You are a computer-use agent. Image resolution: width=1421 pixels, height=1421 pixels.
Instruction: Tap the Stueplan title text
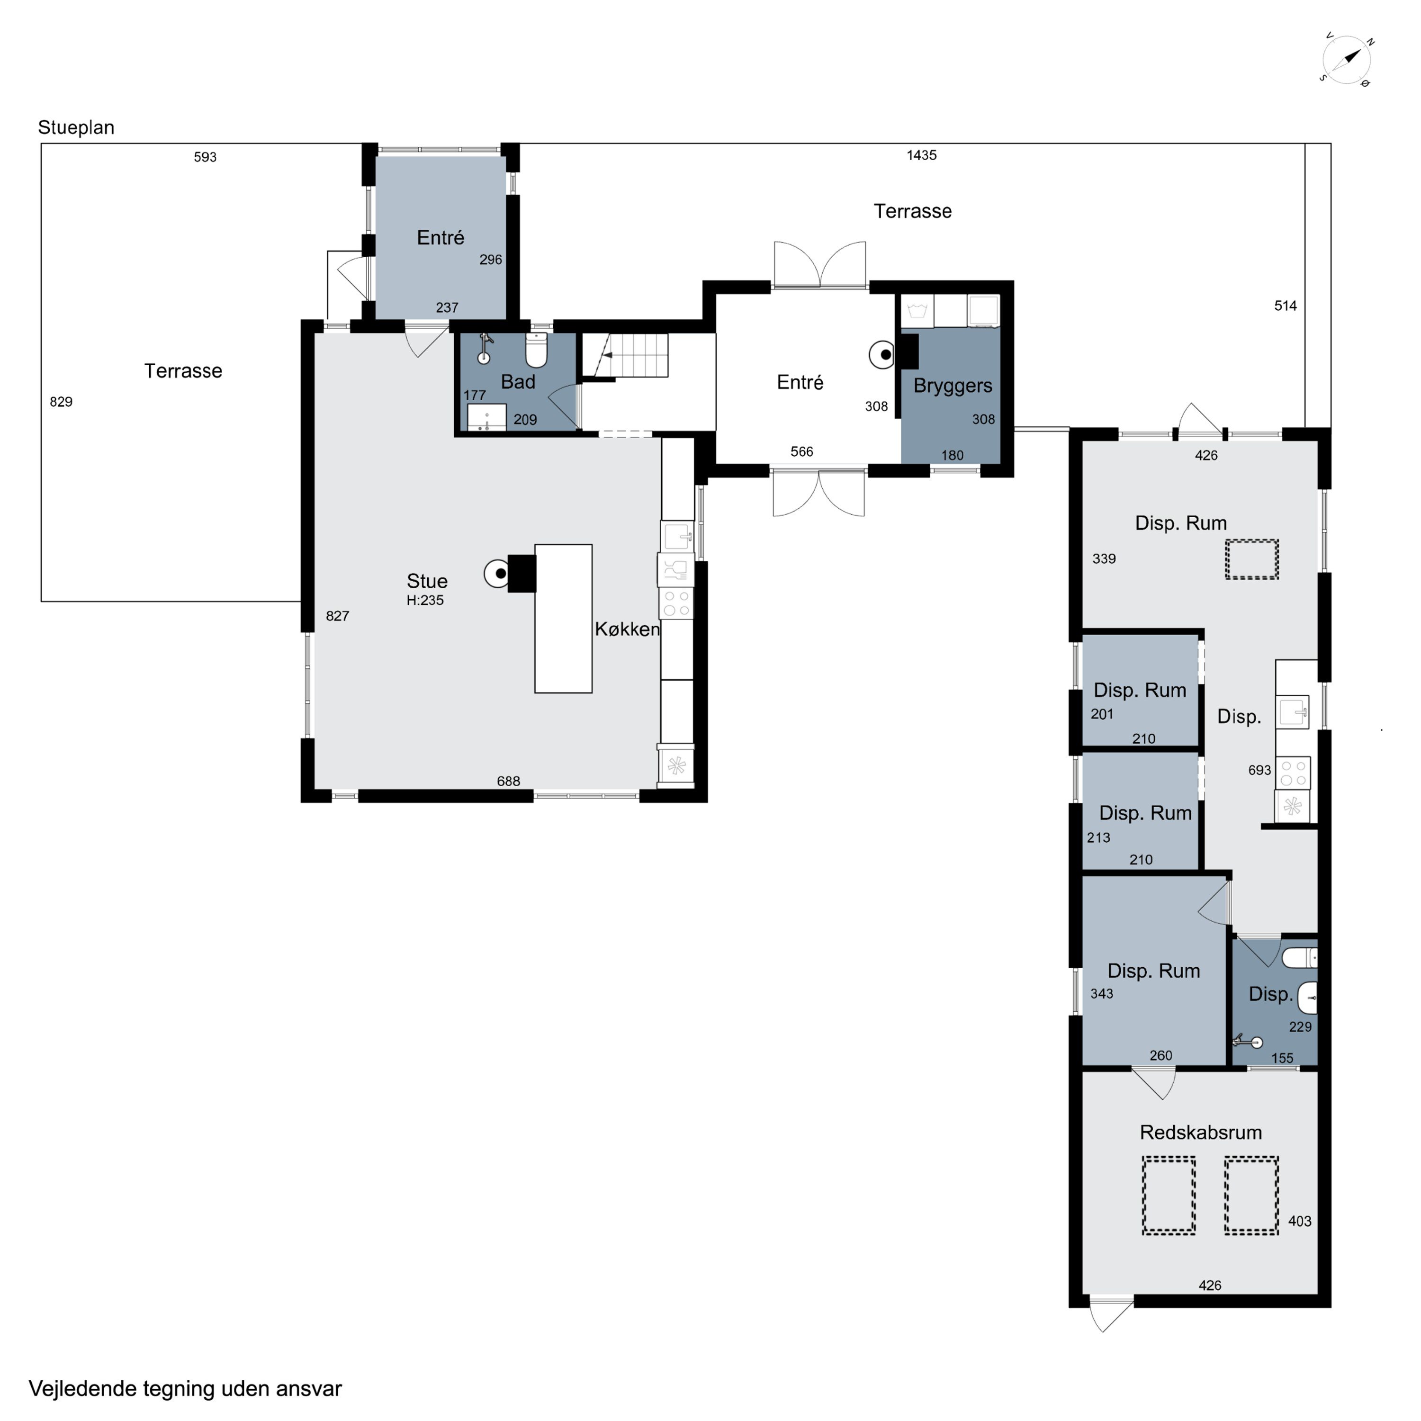tap(76, 128)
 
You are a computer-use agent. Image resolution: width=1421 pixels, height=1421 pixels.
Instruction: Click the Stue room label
tap(427, 581)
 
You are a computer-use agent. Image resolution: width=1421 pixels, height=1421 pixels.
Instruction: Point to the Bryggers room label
tap(953, 386)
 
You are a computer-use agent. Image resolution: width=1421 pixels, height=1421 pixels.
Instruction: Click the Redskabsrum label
tap(1200, 1133)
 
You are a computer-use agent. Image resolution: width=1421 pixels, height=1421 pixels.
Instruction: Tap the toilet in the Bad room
tap(536, 351)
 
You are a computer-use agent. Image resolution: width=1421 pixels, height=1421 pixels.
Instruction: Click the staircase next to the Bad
tap(626, 355)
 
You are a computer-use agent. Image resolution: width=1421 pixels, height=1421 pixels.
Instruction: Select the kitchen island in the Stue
tap(563, 619)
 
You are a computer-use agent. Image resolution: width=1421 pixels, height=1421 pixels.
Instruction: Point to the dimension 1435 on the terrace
tap(922, 155)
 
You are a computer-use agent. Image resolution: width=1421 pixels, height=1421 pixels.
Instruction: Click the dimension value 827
tap(338, 616)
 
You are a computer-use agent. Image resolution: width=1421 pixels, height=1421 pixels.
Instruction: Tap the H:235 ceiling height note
tap(425, 600)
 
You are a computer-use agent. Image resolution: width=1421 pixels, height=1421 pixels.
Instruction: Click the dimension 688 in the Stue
tap(508, 781)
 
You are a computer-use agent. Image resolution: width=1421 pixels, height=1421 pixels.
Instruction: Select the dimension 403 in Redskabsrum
tap(1300, 1222)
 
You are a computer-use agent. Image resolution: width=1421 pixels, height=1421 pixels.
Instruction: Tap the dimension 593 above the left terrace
tap(205, 157)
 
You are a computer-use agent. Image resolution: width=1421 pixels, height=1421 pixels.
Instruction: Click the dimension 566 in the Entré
tap(802, 451)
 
